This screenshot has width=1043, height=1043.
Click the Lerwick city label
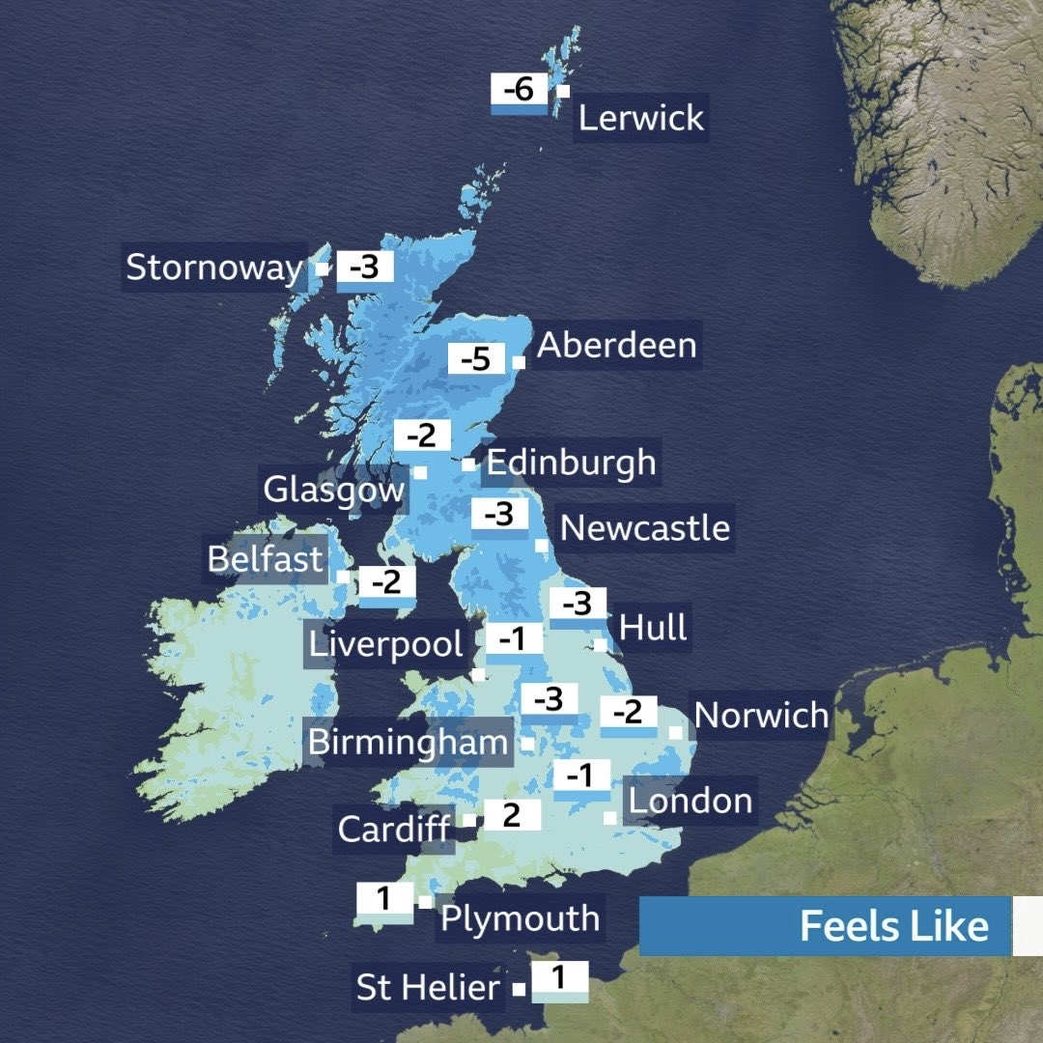tap(641, 119)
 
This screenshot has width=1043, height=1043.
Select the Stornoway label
tap(214, 268)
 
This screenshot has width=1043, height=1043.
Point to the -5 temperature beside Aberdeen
tap(476, 360)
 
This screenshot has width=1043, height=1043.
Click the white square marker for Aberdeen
tap(519, 362)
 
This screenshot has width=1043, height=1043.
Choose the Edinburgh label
tap(571, 463)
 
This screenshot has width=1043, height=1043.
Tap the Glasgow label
tap(334, 490)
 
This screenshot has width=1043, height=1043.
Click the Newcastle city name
tap(645, 528)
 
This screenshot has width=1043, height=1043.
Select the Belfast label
tap(266, 559)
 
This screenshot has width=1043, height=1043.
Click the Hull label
tap(654, 628)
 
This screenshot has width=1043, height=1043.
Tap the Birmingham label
tap(408, 743)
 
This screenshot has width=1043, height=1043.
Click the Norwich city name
tap(761, 716)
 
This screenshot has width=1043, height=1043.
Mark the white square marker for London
tap(610, 818)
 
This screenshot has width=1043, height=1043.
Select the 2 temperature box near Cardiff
tap(512, 816)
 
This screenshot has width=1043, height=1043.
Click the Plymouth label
tap(520, 918)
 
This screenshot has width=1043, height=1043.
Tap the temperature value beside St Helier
tap(559, 976)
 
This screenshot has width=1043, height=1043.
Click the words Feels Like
tap(894, 926)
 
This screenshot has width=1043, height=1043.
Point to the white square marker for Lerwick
tap(563, 91)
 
